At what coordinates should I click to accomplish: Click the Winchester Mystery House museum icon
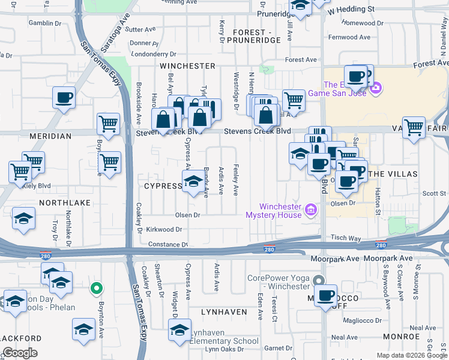[x=311, y=211]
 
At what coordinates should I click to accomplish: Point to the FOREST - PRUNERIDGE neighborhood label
[x=257, y=36]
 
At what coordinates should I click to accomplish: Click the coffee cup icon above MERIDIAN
[x=64, y=97]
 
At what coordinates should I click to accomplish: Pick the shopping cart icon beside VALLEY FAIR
[x=414, y=127]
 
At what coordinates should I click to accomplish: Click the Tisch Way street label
[x=346, y=238]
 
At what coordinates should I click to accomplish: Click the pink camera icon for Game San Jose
[x=376, y=89]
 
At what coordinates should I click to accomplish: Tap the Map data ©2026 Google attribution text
[x=411, y=355]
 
